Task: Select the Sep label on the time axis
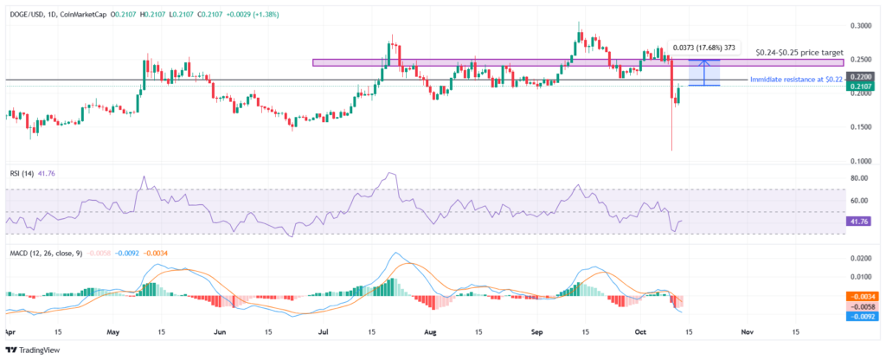coord(536,331)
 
